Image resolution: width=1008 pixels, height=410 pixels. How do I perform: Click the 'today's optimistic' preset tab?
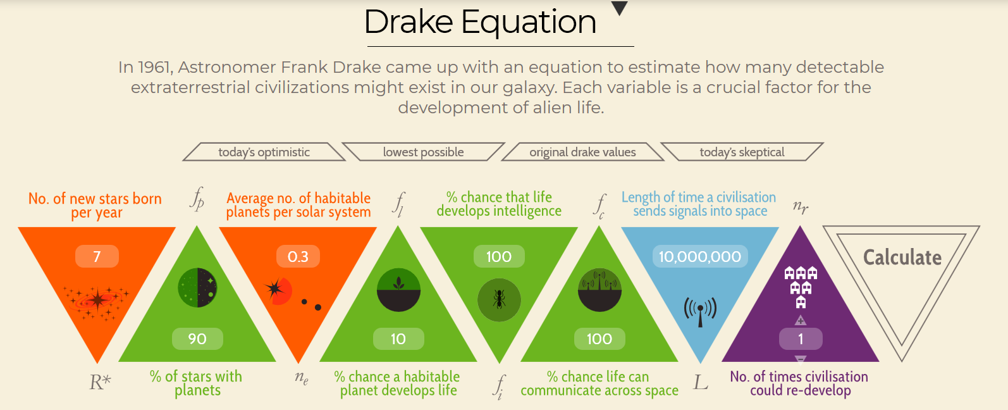(x=264, y=152)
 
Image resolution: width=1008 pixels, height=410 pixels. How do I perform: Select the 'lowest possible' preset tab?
(x=424, y=152)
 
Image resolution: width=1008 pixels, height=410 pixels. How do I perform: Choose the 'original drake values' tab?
(x=583, y=152)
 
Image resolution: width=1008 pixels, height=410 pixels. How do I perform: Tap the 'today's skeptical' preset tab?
(x=742, y=152)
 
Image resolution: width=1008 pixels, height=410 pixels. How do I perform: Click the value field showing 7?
(x=97, y=256)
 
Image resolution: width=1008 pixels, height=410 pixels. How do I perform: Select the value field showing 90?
(x=197, y=339)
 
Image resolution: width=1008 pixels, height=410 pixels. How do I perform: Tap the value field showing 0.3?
(x=298, y=256)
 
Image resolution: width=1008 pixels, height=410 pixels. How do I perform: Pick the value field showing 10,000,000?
(x=700, y=256)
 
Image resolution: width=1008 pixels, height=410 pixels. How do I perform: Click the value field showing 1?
(x=801, y=339)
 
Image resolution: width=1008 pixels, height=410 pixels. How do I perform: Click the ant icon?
(x=499, y=300)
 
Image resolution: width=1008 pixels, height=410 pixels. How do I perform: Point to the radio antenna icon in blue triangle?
(x=700, y=311)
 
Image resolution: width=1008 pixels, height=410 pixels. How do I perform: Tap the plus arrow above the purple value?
(x=801, y=320)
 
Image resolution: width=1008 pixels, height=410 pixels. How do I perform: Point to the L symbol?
(x=700, y=383)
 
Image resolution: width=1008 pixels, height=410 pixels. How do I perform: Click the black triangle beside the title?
(x=620, y=8)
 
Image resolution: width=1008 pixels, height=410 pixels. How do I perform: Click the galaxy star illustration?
(x=96, y=301)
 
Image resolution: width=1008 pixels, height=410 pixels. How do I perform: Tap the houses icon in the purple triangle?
(x=801, y=287)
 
